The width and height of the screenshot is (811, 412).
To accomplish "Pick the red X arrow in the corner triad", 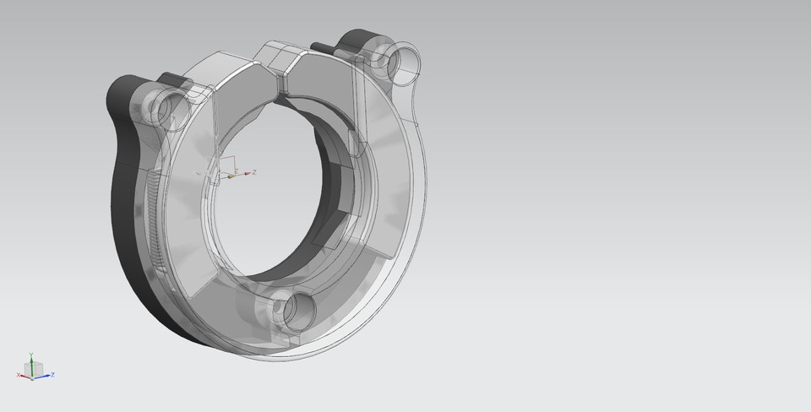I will click(24, 374).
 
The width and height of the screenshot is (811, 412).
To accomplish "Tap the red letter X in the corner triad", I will click(18, 375).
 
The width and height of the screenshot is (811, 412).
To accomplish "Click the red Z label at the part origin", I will click(254, 171).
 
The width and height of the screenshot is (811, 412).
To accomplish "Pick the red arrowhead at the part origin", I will click(248, 173).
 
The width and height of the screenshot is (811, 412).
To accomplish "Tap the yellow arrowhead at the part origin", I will click(231, 177).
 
